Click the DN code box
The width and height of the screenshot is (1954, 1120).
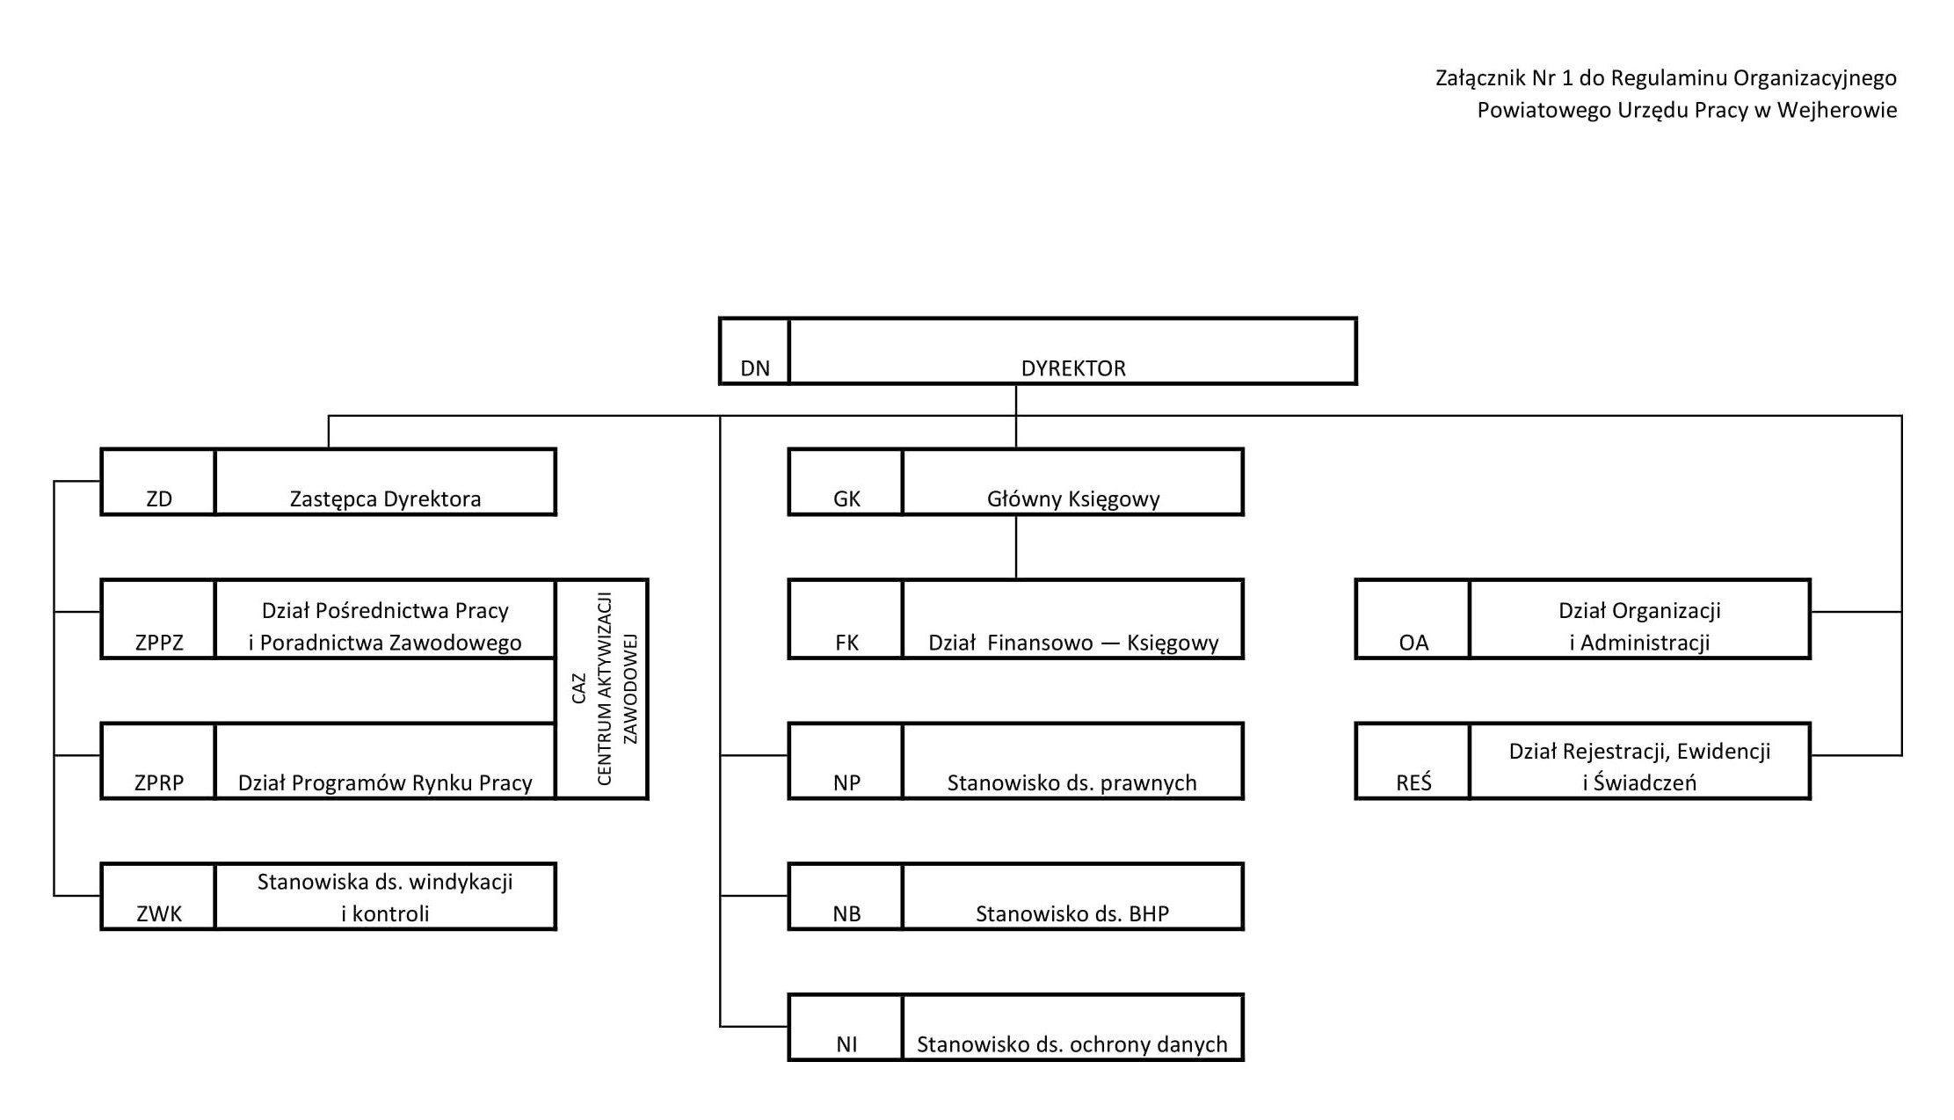point(754,351)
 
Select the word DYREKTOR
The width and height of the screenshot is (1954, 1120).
point(1073,368)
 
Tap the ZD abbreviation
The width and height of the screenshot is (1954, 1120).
point(159,499)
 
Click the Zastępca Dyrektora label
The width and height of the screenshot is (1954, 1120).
point(386,499)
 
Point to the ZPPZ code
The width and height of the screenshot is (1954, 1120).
point(159,643)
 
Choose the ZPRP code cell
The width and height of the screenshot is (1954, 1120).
point(158,761)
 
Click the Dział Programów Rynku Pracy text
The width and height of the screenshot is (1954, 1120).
point(385,782)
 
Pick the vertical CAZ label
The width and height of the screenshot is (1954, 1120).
point(578,688)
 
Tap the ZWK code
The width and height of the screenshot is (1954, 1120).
point(159,913)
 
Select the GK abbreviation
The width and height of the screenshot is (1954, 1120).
point(846,499)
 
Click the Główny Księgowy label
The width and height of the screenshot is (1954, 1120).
point(1073,499)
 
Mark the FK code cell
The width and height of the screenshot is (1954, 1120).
point(846,619)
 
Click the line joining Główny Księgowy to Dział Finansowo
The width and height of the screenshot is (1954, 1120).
point(1016,547)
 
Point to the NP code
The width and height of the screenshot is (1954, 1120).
point(846,782)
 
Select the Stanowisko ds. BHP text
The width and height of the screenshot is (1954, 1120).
point(1072,913)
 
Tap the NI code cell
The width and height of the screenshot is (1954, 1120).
point(846,1028)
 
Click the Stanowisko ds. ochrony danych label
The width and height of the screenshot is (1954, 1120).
point(1072,1044)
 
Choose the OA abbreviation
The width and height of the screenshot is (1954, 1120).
point(1413,643)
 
